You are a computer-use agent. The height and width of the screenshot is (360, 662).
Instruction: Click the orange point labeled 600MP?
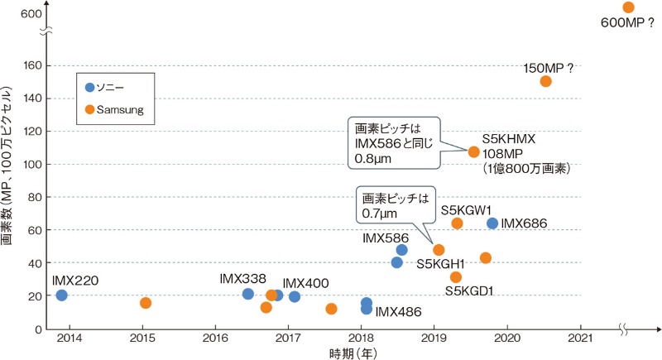pos(628,7)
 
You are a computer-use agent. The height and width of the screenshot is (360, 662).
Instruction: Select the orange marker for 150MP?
pos(545,81)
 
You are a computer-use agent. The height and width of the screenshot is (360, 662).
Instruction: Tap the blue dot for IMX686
pos(492,223)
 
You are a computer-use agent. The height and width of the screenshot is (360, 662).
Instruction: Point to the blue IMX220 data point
pos(61,295)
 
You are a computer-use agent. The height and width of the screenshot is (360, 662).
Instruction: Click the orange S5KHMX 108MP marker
pos(473,152)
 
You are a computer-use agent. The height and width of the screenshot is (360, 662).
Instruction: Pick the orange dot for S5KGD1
pos(455,277)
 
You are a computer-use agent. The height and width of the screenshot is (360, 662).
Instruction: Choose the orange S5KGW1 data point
pos(457,223)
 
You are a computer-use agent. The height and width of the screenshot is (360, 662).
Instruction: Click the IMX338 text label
pos(242,279)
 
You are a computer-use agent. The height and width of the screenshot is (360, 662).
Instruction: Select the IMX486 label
pos(399,312)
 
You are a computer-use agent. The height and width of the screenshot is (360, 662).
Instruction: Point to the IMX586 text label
pos(385,238)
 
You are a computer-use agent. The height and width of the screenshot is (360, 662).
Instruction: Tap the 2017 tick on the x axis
pos(288,338)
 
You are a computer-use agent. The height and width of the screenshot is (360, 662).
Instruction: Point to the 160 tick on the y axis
pos(33,65)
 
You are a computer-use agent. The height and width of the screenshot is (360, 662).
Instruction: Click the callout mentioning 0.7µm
pos(394,206)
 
